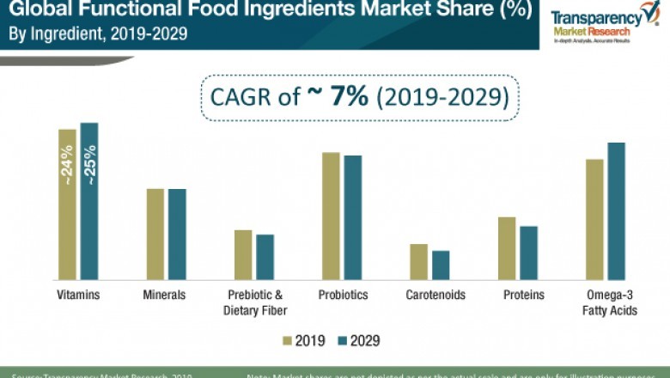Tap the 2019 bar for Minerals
pyautogui.click(x=155, y=234)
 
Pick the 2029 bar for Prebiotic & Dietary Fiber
pyautogui.click(x=265, y=257)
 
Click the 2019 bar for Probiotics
pyautogui.click(x=331, y=216)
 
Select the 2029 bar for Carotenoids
pyautogui.click(x=441, y=265)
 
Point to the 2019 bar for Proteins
pyautogui.click(x=507, y=248)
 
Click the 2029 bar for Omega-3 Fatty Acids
pyautogui.click(x=616, y=210)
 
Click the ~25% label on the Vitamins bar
pyautogui.click(x=89, y=164)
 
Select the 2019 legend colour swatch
pyautogui.click(x=287, y=341)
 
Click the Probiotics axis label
pyautogui.click(x=343, y=295)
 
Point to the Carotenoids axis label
pyautogui.click(x=435, y=295)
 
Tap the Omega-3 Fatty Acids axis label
pyautogui.click(x=611, y=302)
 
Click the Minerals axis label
pyautogui.click(x=164, y=295)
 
